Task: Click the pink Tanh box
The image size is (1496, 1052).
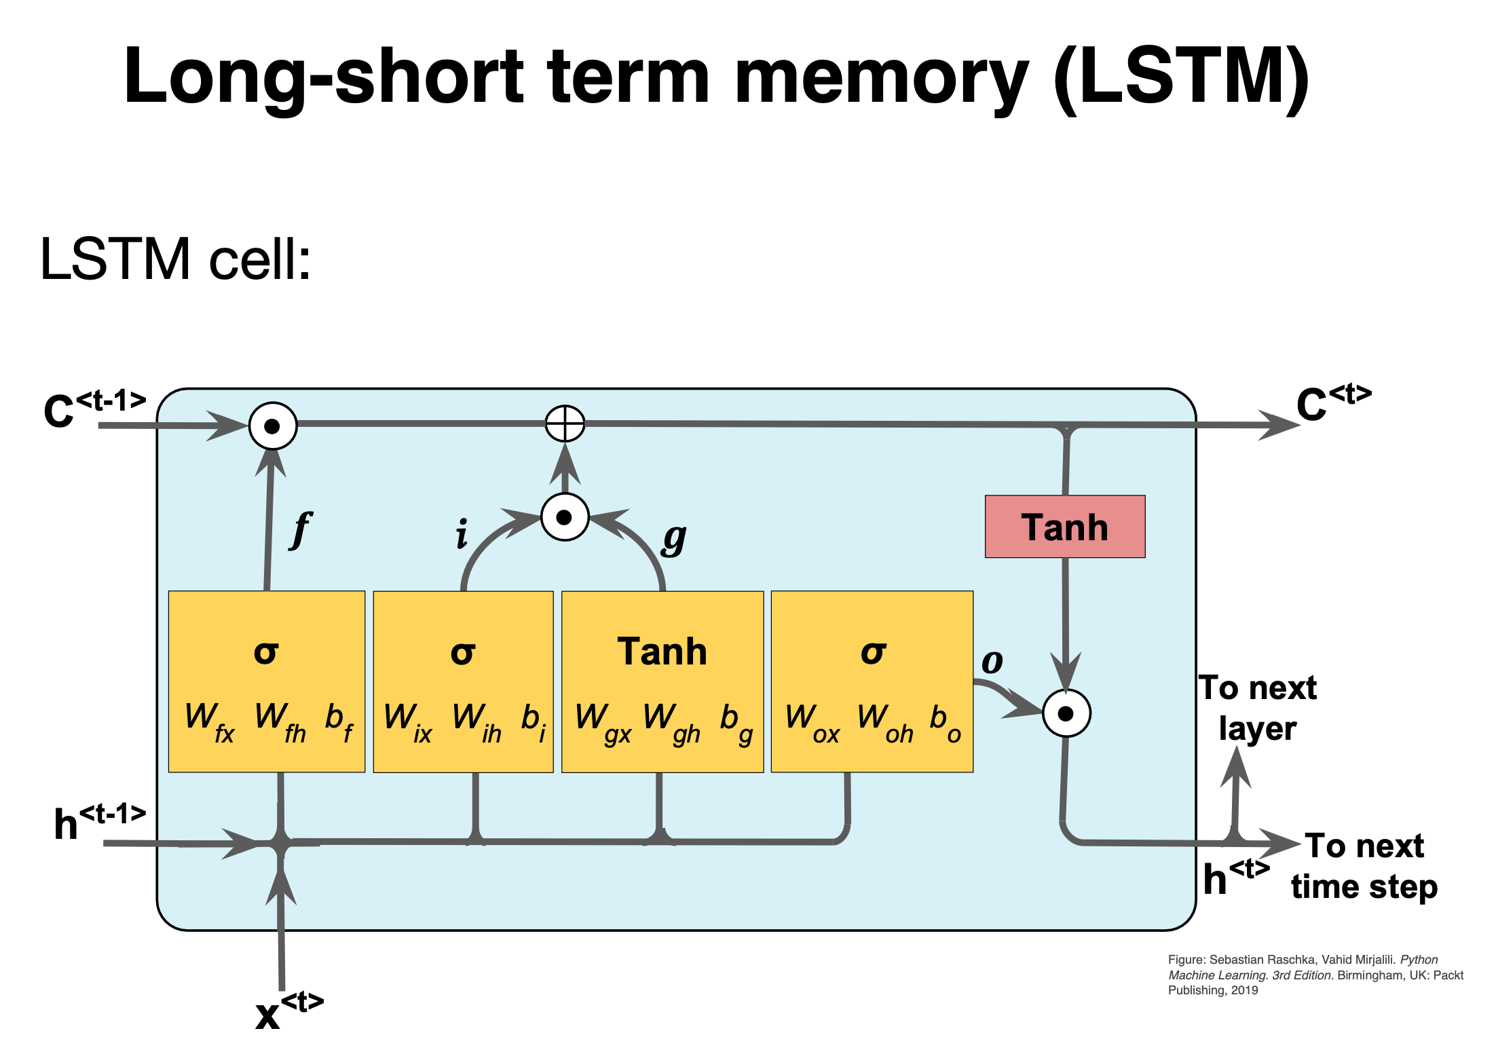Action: point(1064,527)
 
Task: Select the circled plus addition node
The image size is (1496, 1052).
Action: point(565,424)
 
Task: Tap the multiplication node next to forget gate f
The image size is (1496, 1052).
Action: point(273,426)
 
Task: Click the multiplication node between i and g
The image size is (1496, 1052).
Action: point(564,517)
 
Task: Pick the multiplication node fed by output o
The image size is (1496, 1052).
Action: point(1066,713)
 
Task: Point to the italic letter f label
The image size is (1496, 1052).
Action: point(300,530)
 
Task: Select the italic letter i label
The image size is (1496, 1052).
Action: point(462,533)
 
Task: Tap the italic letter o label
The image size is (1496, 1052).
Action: point(992,662)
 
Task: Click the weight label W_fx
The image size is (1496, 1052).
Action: point(209,721)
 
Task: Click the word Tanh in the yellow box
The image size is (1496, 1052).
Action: point(662,652)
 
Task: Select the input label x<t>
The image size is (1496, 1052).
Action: point(288,1011)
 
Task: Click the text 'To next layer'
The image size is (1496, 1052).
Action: point(1258,708)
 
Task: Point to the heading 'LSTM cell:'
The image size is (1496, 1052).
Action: point(175,259)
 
